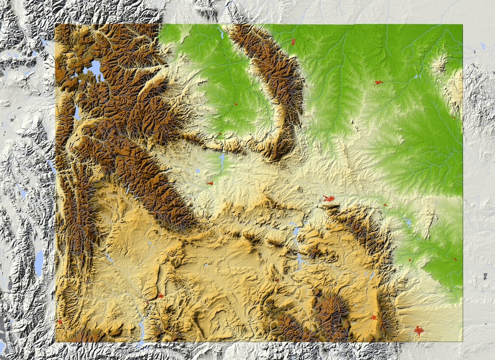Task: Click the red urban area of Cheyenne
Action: (x=420, y=331)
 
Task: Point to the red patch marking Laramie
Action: (x=374, y=317)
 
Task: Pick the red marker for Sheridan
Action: (x=293, y=41)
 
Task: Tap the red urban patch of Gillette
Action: (x=378, y=82)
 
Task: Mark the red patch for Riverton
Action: (x=210, y=183)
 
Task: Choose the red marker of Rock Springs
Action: (x=160, y=296)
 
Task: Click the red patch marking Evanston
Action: (x=60, y=321)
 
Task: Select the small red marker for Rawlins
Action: (x=277, y=280)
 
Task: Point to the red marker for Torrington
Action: (x=455, y=259)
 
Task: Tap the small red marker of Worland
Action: (x=236, y=104)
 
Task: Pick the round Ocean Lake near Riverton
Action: (x=198, y=171)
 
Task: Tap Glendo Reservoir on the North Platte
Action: (x=408, y=223)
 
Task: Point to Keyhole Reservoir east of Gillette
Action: (x=417, y=77)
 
